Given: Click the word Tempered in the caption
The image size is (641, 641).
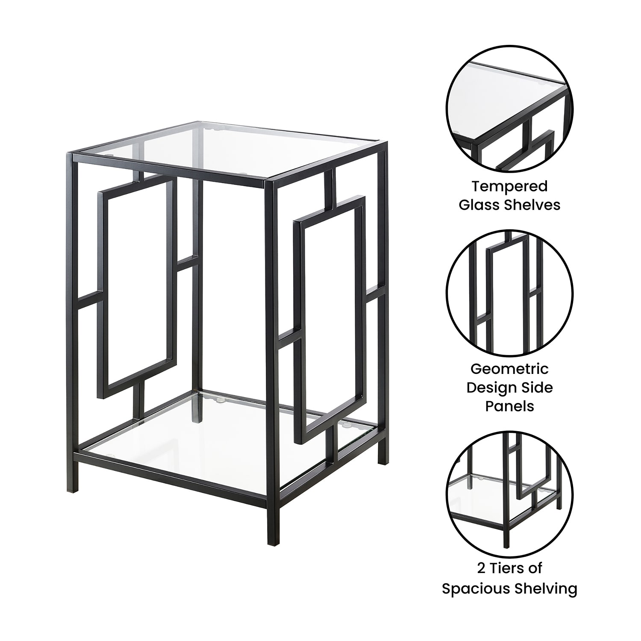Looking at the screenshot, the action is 509,187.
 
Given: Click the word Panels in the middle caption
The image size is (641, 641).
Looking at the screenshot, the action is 509,406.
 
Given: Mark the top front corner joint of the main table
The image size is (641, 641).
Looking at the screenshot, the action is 270,182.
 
